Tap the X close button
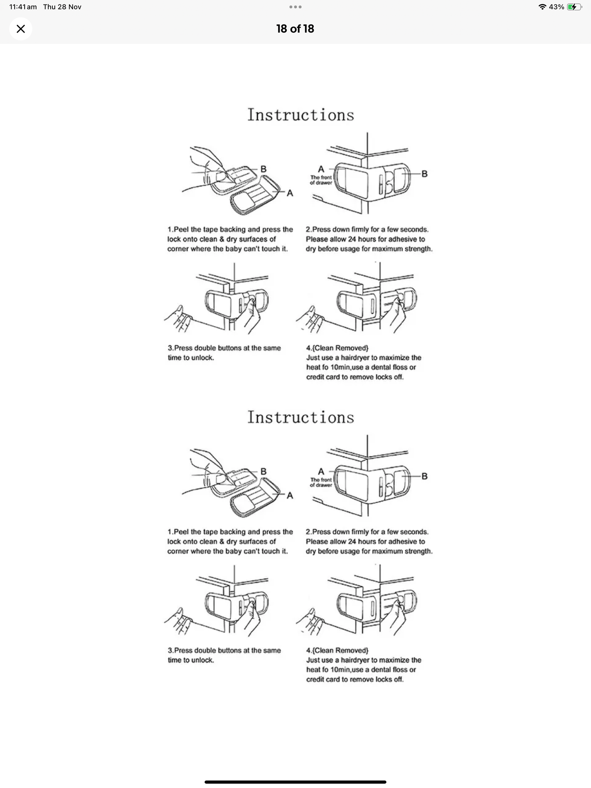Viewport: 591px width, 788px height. tap(20, 29)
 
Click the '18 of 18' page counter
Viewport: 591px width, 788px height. tap(295, 29)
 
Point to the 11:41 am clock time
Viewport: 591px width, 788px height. tap(23, 7)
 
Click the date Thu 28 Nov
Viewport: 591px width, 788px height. tap(62, 7)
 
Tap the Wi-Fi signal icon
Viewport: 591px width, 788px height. tap(542, 7)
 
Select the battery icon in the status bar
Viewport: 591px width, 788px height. tap(574, 7)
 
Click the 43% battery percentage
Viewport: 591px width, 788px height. tap(557, 7)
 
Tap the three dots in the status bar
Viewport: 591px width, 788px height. tap(295, 7)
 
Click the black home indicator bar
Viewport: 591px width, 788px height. tap(295, 782)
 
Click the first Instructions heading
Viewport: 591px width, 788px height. tap(301, 115)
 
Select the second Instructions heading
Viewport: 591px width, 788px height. tap(301, 417)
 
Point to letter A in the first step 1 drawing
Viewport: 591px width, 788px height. tap(290, 193)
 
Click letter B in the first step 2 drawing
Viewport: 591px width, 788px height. tap(425, 174)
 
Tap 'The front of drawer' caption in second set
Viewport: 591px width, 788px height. tap(321, 482)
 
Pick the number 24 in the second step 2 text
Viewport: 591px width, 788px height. tap(352, 542)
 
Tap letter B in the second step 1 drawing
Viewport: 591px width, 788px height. tap(263, 471)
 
